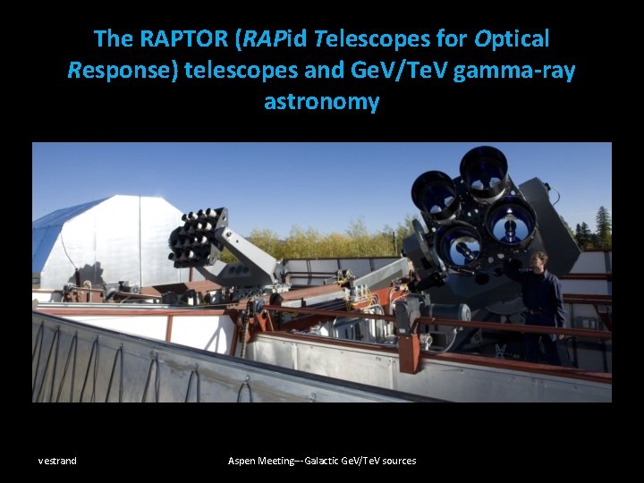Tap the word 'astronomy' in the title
coord(322,101)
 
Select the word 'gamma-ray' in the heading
coord(514,70)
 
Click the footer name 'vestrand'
coord(57,461)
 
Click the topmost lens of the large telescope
coord(484,169)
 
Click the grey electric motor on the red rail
coord(447,314)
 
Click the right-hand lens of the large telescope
coord(512,218)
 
